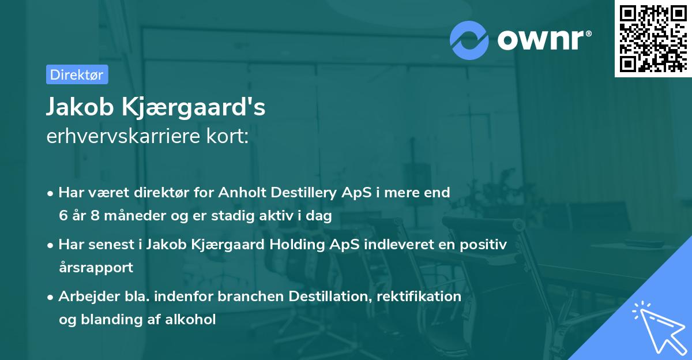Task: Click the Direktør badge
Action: click(x=77, y=74)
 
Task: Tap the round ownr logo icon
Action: click(x=469, y=40)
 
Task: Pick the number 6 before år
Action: click(x=63, y=216)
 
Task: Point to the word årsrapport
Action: click(x=96, y=268)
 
